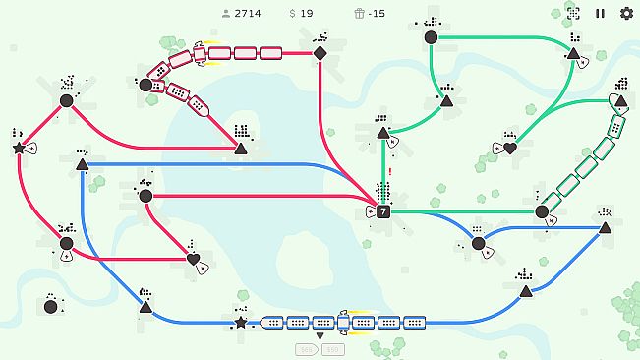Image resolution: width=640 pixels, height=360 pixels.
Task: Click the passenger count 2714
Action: pyautogui.click(x=247, y=14)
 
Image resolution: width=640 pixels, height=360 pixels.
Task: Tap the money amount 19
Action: pyautogui.click(x=307, y=14)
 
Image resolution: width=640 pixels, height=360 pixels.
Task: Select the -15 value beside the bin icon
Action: pyautogui.click(x=378, y=14)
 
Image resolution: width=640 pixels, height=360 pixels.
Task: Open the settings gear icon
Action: pyautogui.click(x=626, y=14)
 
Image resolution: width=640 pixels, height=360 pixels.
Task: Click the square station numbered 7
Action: pyautogui.click(x=383, y=211)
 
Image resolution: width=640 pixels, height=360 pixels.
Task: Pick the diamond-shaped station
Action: pyautogui.click(x=320, y=53)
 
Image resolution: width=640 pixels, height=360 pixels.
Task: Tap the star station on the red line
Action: pyautogui.click(x=19, y=148)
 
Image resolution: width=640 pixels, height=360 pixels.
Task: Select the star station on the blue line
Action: pyautogui.click(x=241, y=322)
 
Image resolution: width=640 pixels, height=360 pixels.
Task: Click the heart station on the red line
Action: pyautogui.click(x=193, y=260)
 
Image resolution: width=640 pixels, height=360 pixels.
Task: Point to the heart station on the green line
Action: pyautogui.click(x=510, y=149)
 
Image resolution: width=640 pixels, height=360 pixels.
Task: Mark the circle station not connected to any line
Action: pyautogui.click(x=50, y=307)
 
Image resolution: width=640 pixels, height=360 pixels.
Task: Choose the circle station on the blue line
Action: pyautogui.click(x=478, y=243)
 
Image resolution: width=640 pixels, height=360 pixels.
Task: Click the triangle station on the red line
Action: pyautogui.click(x=241, y=149)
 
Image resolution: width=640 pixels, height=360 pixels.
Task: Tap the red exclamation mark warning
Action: pyautogui.click(x=390, y=173)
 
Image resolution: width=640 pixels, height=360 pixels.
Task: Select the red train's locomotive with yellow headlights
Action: pyautogui.click(x=201, y=53)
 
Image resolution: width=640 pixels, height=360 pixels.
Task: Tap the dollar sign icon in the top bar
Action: pyautogui.click(x=293, y=14)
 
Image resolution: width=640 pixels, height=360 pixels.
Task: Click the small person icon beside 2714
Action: pyautogui.click(x=226, y=14)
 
